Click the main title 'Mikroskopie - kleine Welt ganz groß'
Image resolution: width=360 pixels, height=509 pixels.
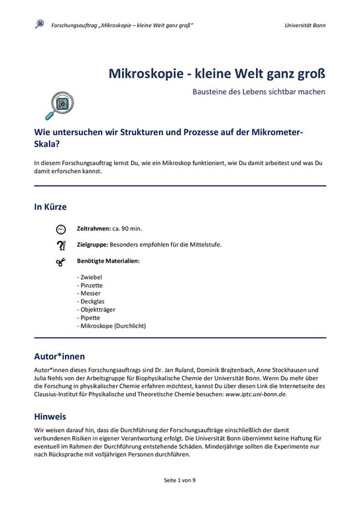[x=217, y=72]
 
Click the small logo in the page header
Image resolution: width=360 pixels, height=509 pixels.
[x=40, y=25]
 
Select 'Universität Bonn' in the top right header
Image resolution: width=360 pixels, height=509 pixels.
[x=304, y=25]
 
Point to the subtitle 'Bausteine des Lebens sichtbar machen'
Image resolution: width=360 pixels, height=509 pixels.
[x=259, y=91]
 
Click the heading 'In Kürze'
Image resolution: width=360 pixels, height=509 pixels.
[x=50, y=207]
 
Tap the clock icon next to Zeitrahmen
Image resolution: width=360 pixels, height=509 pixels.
[x=61, y=229]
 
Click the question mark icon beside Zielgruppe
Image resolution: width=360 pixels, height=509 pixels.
[x=61, y=245]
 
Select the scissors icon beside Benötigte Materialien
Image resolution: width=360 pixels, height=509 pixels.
[x=61, y=262]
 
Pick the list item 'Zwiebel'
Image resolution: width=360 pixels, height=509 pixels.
[x=91, y=276]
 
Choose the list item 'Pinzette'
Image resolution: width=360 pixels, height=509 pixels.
[x=91, y=285]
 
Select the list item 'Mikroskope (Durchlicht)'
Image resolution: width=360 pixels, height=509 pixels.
[x=111, y=326]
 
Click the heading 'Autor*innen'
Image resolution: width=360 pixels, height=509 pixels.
[x=60, y=356]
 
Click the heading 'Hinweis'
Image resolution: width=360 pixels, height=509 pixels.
[x=50, y=417]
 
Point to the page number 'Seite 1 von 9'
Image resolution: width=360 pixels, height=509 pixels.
[x=179, y=480]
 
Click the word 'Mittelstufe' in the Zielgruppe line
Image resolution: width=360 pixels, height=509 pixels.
[x=203, y=245]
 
